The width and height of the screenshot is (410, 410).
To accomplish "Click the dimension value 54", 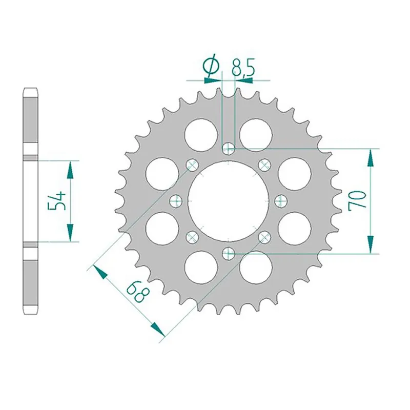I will tap(57, 200).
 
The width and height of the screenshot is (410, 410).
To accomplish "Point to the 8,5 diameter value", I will tap(243, 67).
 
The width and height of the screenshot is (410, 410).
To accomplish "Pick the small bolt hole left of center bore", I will tap(175, 200).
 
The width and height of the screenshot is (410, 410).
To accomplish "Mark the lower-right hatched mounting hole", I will tap(264, 236).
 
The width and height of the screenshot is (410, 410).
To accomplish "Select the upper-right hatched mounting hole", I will tap(264, 165).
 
